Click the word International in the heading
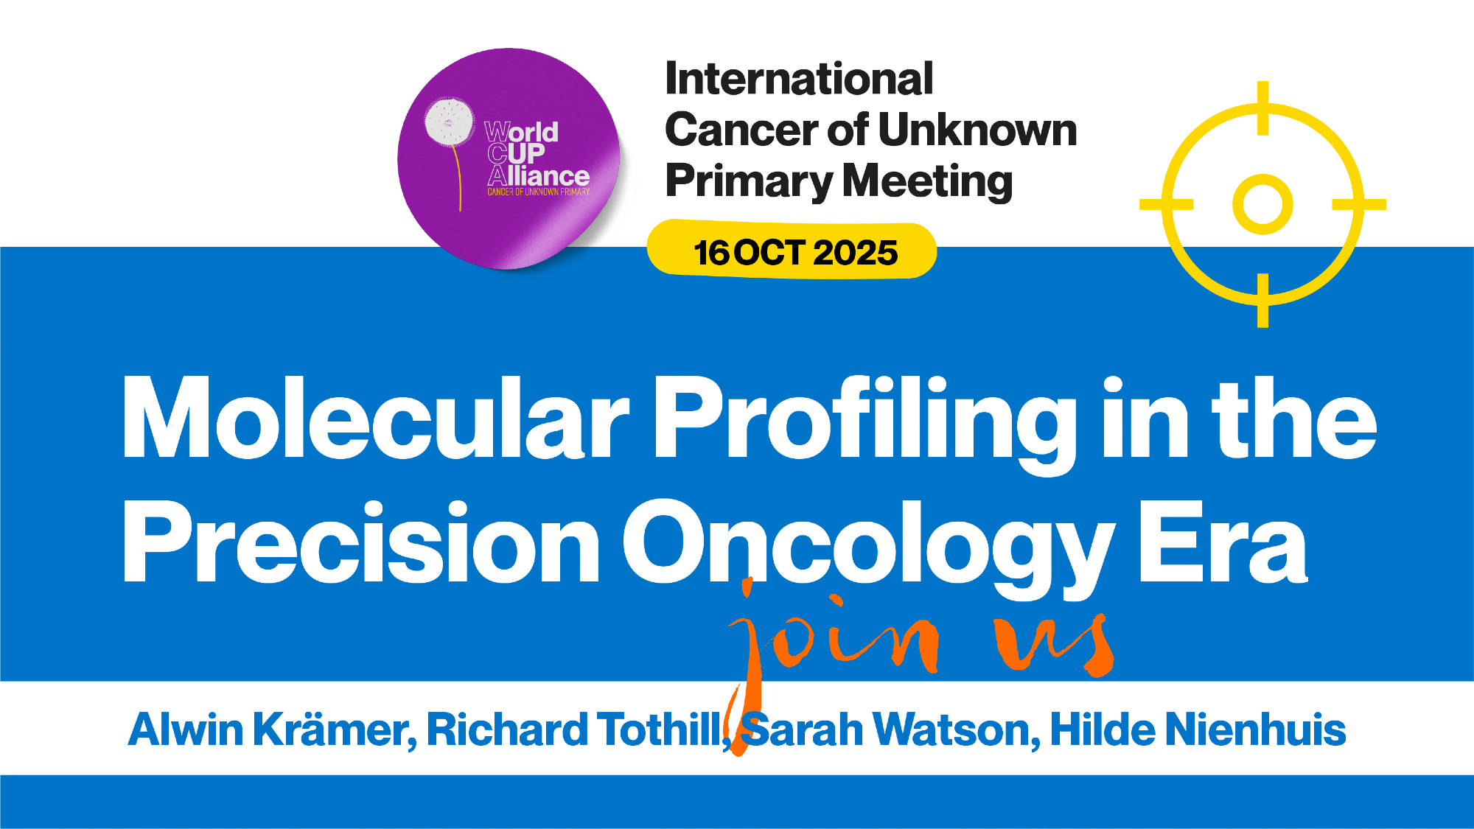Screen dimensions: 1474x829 click(799, 79)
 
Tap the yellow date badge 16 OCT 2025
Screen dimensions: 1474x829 click(792, 250)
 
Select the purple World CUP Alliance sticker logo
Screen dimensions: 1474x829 click(509, 158)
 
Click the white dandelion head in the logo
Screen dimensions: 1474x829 click(449, 121)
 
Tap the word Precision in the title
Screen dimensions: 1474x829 click(362, 543)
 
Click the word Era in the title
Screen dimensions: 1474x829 click(1223, 543)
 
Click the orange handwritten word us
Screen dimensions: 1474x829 click(1054, 643)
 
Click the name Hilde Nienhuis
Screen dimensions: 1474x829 click(1198, 730)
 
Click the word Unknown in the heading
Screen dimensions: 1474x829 click(978, 130)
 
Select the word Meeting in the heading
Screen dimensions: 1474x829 click(928, 181)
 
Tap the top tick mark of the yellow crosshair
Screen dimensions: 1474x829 click(1262, 108)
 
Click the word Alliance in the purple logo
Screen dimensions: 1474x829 click(539, 176)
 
